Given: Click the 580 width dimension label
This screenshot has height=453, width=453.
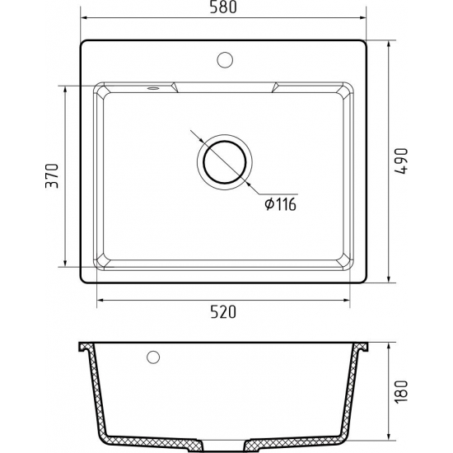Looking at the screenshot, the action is click(x=223, y=7).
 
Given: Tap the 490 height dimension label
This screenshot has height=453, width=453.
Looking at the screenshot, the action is click(x=401, y=161).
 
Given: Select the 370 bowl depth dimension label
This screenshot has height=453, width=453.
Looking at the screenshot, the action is click(x=52, y=176).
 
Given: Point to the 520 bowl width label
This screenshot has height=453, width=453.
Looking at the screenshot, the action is click(x=223, y=311).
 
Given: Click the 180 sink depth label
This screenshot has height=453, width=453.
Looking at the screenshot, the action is click(x=401, y=392).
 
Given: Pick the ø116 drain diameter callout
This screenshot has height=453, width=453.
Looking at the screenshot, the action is click(x=281, y=204).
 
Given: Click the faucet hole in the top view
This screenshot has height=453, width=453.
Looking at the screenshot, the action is click(x=225, y=60).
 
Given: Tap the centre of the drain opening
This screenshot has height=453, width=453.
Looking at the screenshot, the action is click(x=225, y=162).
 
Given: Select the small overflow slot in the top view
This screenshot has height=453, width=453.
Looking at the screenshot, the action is click(x=153, y=88).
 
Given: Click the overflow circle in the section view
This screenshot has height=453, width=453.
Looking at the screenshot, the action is click(x=153, y=357).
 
